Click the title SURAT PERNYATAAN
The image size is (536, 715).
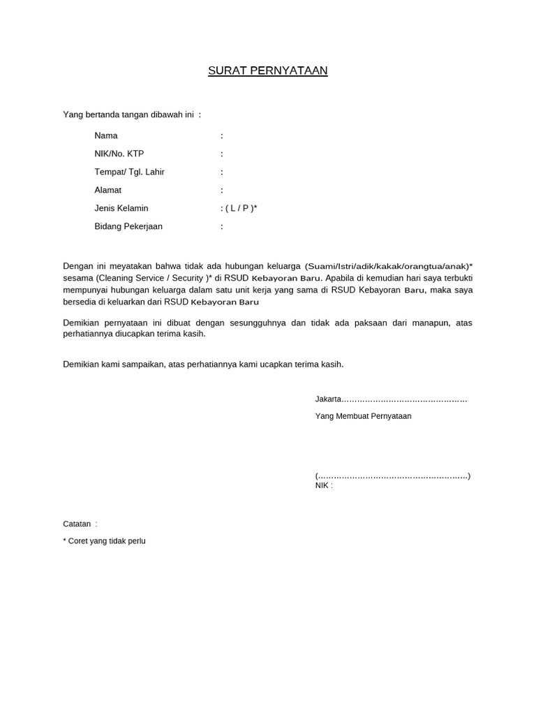268,71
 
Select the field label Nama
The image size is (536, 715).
106,135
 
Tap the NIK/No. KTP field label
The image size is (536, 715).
119,154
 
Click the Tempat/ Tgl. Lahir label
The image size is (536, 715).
129,172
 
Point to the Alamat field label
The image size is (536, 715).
108,190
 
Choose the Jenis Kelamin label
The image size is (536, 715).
121,208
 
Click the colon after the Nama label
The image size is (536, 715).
222,135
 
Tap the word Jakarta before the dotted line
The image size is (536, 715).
328,399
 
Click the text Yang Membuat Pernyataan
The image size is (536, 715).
363,416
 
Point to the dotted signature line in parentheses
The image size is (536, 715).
393,476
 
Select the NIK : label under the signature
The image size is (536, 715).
324,485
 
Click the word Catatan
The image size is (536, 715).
77,524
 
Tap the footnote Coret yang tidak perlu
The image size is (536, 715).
107,541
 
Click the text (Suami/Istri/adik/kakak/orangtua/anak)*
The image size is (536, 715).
389,267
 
